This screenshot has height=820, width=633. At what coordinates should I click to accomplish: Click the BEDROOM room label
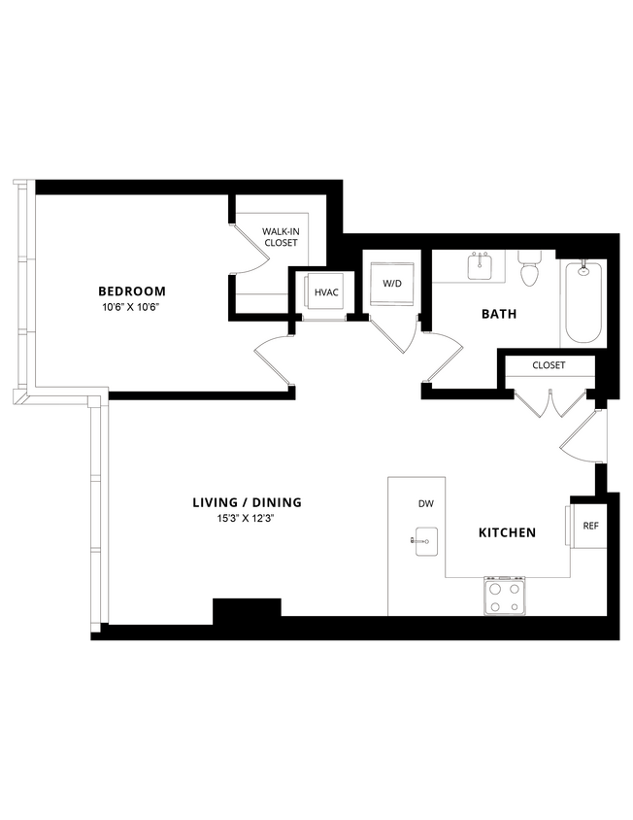point(131,290)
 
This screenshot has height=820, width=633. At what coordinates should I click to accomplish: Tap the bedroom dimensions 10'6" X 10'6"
point(131,307)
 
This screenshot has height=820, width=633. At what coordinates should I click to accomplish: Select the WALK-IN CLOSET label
point(280,236)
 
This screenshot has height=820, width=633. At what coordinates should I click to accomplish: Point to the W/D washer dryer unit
point(391,284)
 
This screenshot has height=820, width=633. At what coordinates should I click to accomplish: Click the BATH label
point(499,314)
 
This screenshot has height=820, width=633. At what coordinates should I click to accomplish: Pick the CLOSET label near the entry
point(549,365)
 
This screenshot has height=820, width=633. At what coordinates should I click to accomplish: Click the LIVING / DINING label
point(247,502)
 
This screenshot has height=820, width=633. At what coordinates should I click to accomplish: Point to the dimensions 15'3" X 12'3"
point(247,519)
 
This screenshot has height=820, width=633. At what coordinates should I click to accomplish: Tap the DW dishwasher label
point(425,503)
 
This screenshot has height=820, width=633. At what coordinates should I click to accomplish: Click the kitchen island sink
point(423,540)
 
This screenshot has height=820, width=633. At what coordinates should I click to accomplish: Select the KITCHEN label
point(507,532)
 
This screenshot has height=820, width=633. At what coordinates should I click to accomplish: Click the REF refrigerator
point(589,526)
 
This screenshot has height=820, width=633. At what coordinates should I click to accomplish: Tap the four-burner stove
point(505,596)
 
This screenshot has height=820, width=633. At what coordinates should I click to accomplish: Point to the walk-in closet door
point(249,253)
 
